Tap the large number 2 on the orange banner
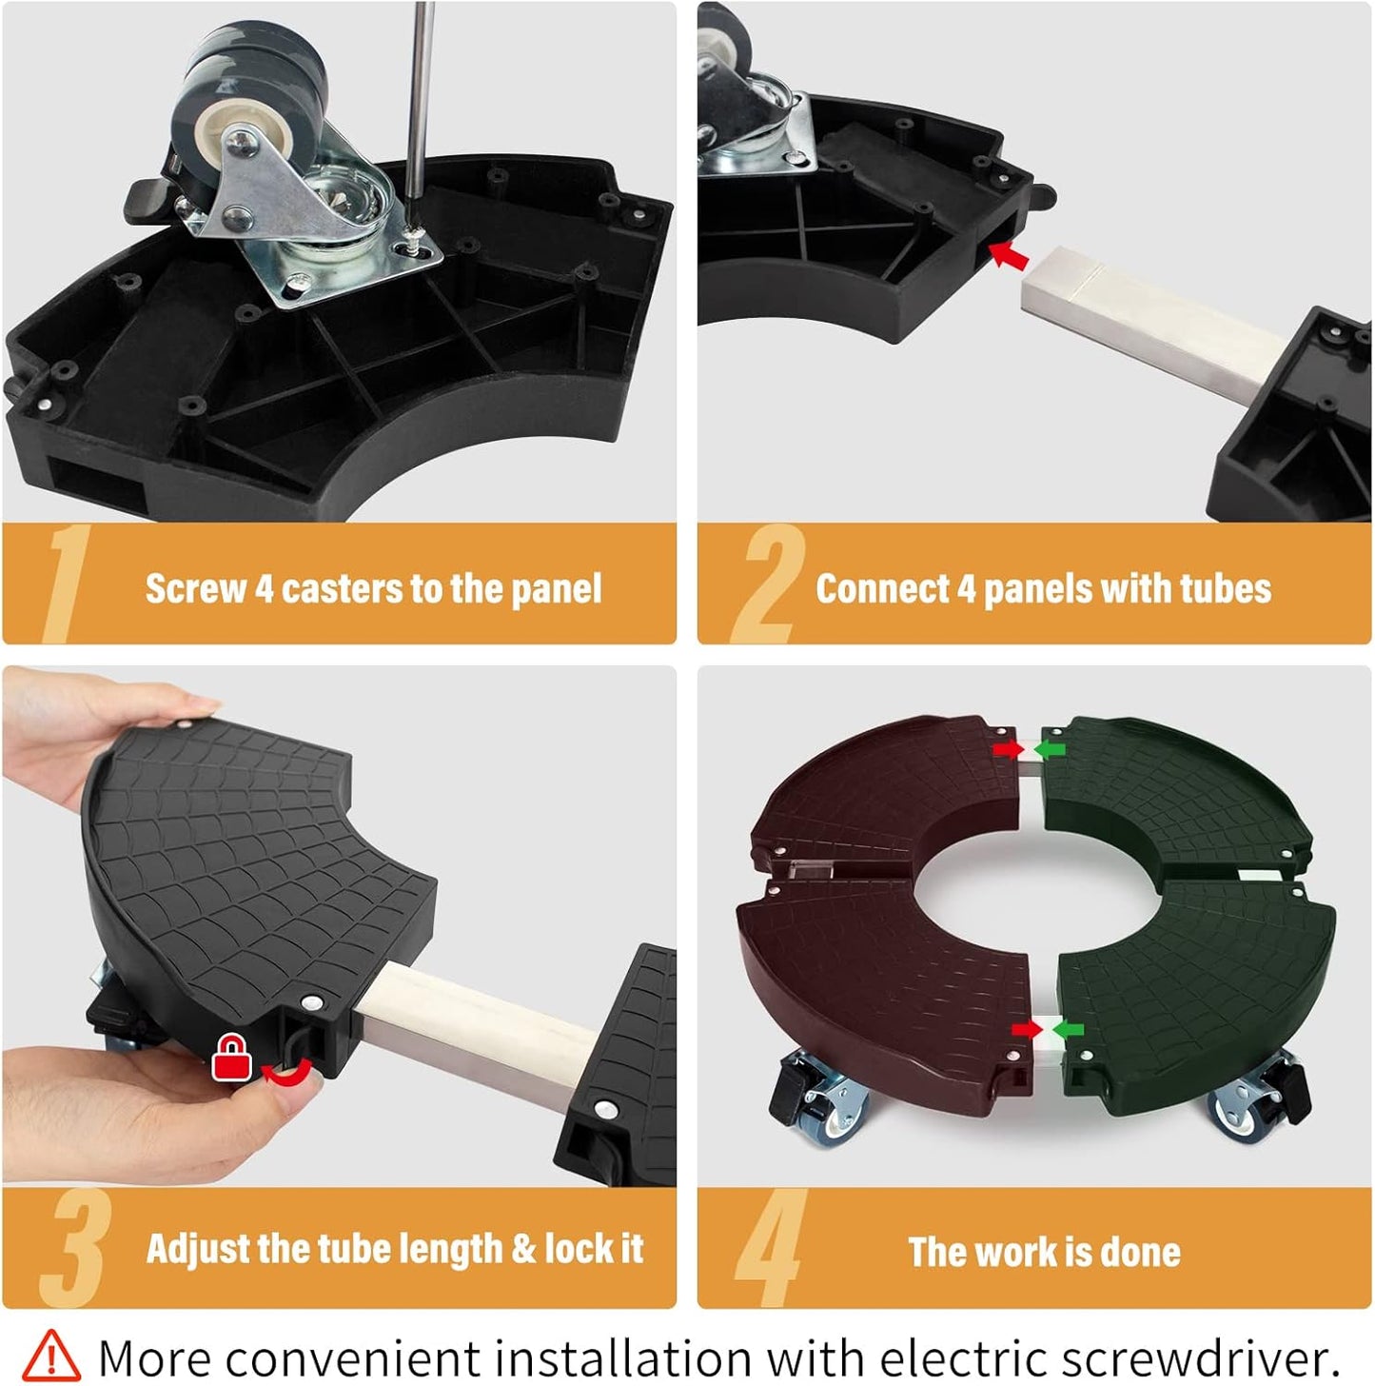768,584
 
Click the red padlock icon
232,1057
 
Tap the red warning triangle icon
50,1351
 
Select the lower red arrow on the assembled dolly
1027,1030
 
